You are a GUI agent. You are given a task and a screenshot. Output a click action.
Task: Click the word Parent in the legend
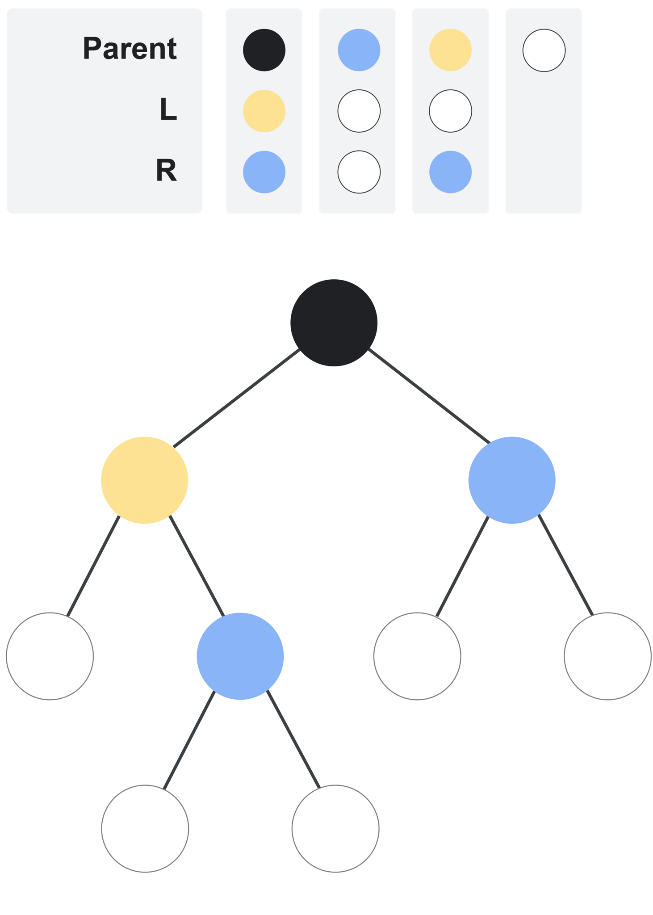(x=130, y=48)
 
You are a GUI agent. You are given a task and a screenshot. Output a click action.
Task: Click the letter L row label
(x=168, y=109)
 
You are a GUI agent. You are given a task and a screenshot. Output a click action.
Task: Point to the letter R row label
(x=167, y=170)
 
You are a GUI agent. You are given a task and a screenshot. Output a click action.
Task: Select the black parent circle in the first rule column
(x=264, y=50)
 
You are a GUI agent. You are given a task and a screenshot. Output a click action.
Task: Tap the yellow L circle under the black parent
(x=264, y=111)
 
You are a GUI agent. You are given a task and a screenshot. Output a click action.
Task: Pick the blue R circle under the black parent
(x=264, y=172)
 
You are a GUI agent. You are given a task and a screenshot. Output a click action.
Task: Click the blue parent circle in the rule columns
(x=359, y=50)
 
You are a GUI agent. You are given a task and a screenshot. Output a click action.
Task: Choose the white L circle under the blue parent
(x=359, y=111)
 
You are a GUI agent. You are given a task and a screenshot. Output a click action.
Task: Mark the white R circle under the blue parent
(x=359, y=172)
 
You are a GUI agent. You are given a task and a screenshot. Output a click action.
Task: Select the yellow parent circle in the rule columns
(x=450, y=50)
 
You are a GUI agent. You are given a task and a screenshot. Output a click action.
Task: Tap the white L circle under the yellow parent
(x=450, y=111)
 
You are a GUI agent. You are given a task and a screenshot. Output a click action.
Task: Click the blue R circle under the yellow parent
(x=450, y=172)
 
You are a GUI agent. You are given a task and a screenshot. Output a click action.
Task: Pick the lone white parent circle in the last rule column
(x=544, y=50)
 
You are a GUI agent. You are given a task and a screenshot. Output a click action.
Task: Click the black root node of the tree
(x=334, y=323)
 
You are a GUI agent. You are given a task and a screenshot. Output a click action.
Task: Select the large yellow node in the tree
(x=144, y=480)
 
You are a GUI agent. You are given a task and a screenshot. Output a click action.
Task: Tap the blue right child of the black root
(x=511, y=480)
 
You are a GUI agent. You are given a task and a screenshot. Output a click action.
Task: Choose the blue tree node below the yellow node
(x=240, y=656)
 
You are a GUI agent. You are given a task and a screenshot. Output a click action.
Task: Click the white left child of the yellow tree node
(x=50, y=656)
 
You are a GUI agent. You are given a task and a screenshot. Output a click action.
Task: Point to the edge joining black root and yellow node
(x=236, y=398)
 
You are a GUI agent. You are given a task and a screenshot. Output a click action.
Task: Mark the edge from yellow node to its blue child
(x=196, y=565)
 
